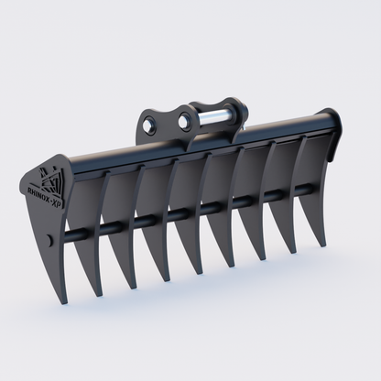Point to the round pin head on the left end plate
click(x=47, y=242)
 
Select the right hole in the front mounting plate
click(x=187, y=118)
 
